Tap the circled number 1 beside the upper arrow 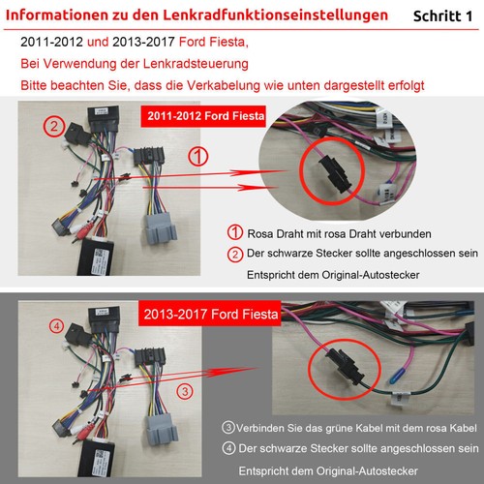coord(197,158)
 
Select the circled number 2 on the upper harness coord(54,127)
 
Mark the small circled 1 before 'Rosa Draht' coord(234,233)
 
